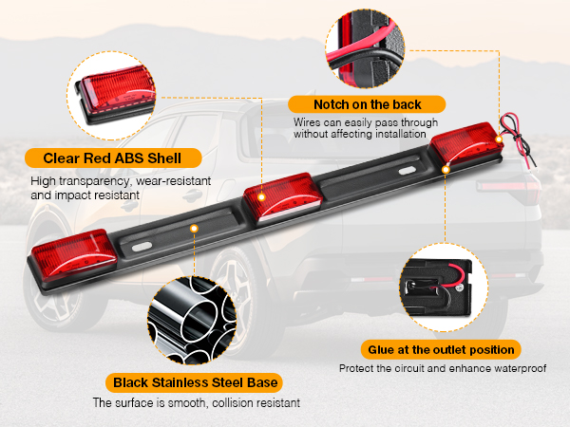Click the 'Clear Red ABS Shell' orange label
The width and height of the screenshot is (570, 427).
[105, 158]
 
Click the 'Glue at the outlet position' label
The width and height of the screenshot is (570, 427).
[440, 349]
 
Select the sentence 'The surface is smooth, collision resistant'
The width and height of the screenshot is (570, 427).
[196, 403]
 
